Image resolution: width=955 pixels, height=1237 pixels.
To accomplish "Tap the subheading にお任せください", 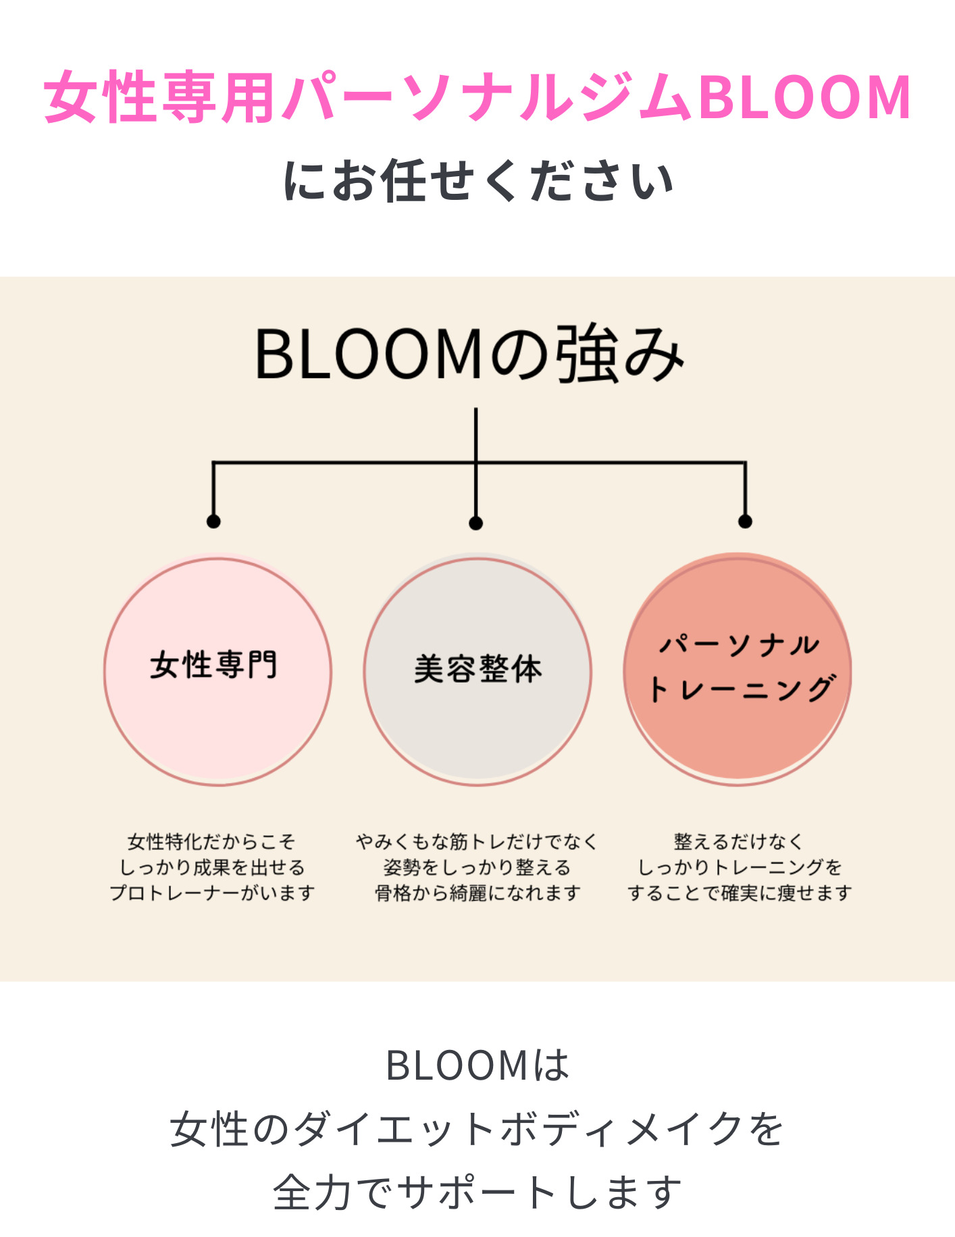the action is (x=477, y=180).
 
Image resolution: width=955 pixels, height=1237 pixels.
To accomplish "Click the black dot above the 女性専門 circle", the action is (x=213, y=521).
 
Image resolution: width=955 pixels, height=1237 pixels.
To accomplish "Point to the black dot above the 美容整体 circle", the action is (x=475, y=523).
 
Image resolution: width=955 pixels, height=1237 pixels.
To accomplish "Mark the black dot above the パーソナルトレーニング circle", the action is (x=745, y=521).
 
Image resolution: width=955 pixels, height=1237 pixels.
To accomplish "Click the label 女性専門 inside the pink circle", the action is (x=213, y=665).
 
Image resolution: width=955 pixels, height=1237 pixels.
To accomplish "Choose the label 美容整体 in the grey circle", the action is (x=477, y=669).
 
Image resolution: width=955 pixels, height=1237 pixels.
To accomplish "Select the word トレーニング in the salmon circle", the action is (x=742, y=689).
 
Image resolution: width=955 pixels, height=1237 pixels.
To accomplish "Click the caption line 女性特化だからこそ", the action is (x=211, y=841).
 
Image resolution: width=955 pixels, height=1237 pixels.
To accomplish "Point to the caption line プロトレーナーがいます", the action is (x=212, y=893).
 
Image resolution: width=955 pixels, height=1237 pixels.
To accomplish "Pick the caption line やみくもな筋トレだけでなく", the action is (x=477, y=841).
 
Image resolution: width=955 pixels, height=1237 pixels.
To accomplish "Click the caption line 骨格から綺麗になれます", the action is (x=477, y=893).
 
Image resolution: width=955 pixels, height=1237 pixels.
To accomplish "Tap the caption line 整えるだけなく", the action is (x=738, y=841).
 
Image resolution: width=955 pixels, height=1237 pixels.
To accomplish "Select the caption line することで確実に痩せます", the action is (x=739, y=893).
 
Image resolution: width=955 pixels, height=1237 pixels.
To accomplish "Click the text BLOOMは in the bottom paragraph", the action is (x=477, y=1065).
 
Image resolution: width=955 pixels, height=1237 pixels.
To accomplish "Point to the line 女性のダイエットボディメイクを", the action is (x=477, y=1128).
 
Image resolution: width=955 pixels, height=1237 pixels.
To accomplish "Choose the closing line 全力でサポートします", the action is (x=477, y=1192).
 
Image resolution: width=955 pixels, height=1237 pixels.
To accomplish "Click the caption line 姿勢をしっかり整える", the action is (x=477, y=867).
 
